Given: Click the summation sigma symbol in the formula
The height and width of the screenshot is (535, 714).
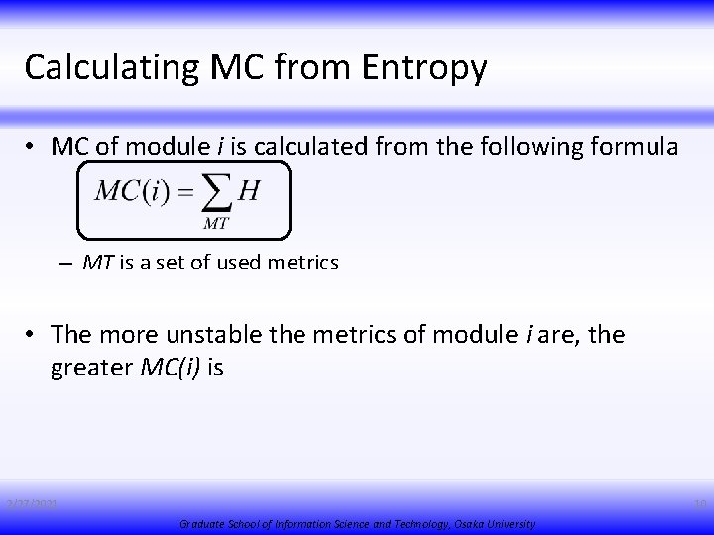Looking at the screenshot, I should [219, 193].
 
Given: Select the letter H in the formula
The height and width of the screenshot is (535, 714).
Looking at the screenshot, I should [250, 191].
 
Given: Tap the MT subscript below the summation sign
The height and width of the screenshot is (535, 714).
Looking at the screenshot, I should [217, 223].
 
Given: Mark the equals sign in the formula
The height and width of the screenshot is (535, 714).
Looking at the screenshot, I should [185, 192].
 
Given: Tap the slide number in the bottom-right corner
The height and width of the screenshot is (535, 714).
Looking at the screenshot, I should [700, 505].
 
